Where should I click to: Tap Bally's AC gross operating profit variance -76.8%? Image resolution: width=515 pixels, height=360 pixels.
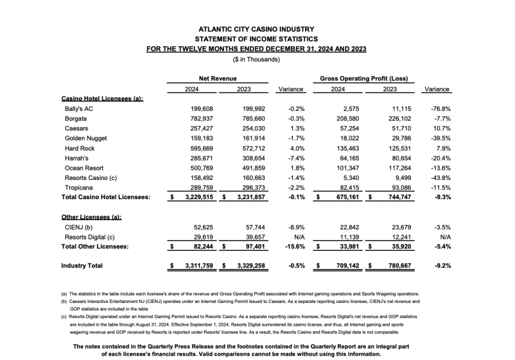pos(441,109)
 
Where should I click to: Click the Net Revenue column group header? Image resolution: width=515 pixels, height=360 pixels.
pos(217,79)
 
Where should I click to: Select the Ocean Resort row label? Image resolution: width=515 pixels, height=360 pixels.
pos(83,168)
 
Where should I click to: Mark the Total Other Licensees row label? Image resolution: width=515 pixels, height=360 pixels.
pos(95,245)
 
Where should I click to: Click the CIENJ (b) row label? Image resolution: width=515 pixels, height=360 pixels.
pos(79,226)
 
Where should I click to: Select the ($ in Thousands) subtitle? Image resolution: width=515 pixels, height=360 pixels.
pos(256,59)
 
